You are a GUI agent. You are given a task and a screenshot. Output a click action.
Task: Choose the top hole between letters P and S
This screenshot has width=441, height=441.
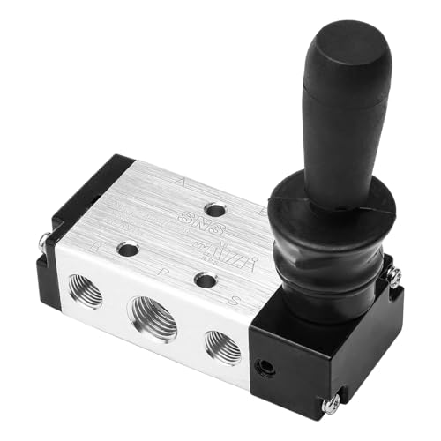(206, 281)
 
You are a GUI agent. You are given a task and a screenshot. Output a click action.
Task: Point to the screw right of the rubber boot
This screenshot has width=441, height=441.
(394, 276)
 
